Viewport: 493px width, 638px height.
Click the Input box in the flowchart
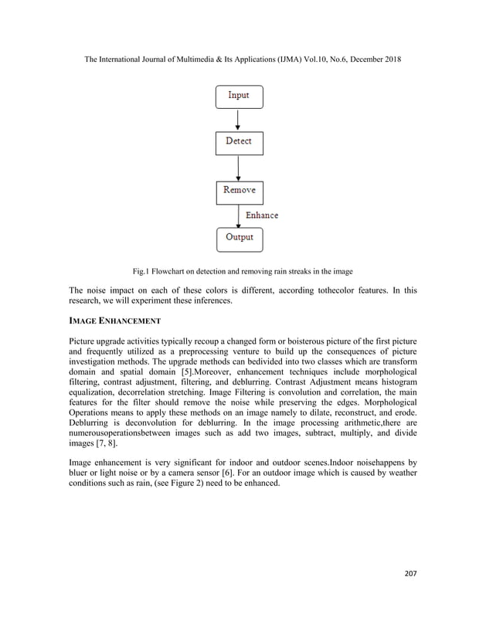239,97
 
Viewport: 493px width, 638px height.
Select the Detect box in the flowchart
239,142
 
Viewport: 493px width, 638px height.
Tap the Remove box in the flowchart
239,191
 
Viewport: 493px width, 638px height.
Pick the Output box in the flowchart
239,238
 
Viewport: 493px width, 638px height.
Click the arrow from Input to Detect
239,119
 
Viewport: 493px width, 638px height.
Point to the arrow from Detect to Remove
239,166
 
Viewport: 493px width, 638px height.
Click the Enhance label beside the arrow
261,215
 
